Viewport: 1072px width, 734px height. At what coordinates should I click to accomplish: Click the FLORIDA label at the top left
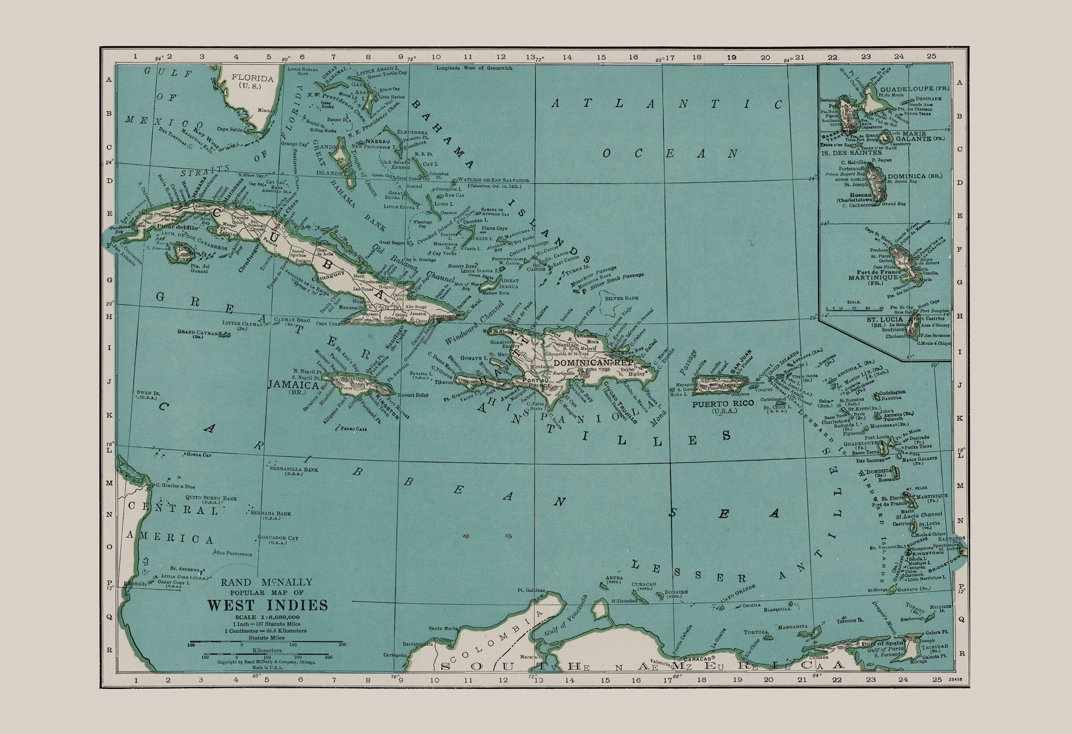click(x=252, y=78)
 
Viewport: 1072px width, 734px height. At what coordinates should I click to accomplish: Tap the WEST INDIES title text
click(x=267, y=605)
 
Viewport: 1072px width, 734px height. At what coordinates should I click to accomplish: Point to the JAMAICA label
click(x=293, y=385)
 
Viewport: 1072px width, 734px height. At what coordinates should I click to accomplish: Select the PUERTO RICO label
click(x=723, y=403)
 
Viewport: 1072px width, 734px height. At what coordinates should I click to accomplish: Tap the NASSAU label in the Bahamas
click(x=378, y=141)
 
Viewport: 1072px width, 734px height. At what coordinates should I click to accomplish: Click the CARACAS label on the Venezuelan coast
click(x=698, y=659)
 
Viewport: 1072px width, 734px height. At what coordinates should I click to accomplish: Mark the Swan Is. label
click(x=148, y=393)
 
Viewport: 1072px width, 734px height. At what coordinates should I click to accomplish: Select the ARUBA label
click(x=614, y=578)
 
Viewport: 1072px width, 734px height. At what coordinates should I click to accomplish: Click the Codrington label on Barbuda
click(x=892, y=392)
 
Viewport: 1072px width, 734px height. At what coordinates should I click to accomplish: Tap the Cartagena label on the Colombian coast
click(x=395, y=655)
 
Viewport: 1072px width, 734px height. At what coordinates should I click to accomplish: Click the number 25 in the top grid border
click(x=931, y=56)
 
